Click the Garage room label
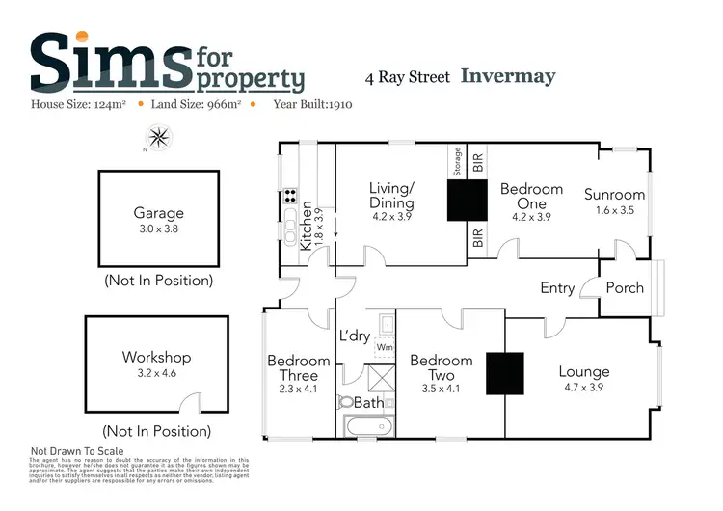click(x=158, y=214)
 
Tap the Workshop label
click(x=150, y=357)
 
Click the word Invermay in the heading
click(x=509, y=75)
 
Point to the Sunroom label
click(x=614, y=195)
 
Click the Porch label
click(x=625, y=287)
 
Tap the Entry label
click(x=557, y=287)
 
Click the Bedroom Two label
click(x=441, y=367)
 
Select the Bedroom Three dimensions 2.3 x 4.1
click(x=298, y=390)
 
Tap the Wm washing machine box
click(x=385, y=346)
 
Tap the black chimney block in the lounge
click(x=503, y=372)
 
